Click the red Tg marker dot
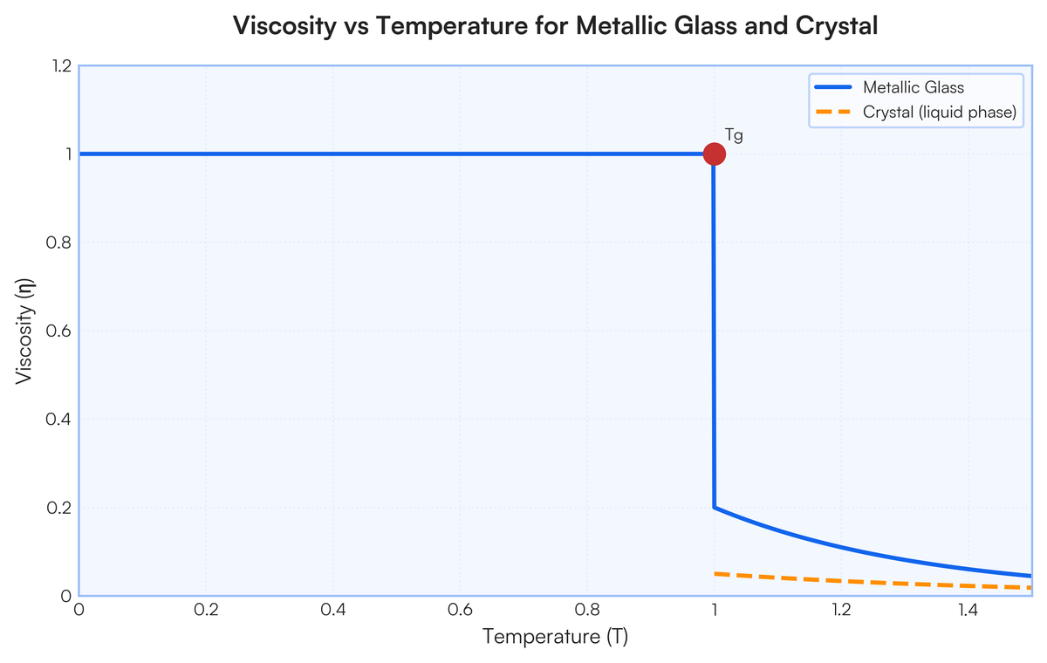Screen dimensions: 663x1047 click(x=714, y=154)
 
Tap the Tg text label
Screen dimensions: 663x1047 click(x=734, y=135)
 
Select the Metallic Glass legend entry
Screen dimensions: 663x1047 click(x=914, y=87)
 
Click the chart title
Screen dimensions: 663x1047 click(x=555, y=27)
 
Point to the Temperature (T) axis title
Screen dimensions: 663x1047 click(x=555, y=637)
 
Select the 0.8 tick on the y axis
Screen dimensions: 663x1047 click(x=57, y=243)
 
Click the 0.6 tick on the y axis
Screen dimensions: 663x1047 click(x=57, y=331)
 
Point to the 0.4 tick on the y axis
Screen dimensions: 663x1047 click(x=57, y=419)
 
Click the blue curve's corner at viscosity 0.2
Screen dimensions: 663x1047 click(x=715, y=507)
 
